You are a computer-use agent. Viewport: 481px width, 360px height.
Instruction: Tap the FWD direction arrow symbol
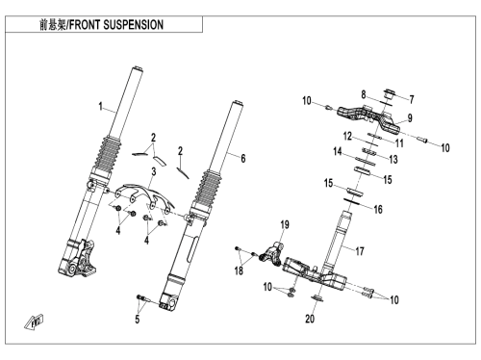(x=34, y=321)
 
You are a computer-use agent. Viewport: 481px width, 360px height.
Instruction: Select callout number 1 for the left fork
(x=100, y=107)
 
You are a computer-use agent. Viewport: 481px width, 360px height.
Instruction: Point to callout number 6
(x=243, y=158)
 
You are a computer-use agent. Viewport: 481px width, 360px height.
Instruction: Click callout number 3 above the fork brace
(x=154, y=171)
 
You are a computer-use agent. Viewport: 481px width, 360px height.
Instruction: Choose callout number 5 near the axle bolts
(x=138, y=319)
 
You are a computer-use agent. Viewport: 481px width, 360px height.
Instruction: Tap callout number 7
(x=412, y=99)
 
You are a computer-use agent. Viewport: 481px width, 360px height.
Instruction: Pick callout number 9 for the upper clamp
(x=410, y=118)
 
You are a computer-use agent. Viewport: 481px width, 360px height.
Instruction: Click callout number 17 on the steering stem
(x=360, y=251)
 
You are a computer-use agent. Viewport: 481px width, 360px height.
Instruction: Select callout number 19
(x=285, y=224)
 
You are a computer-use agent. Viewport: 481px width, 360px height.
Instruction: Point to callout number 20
(x=310, y=319)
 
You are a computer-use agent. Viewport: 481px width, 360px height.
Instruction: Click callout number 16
(x=378, y=209)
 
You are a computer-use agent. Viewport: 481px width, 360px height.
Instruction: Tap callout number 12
(x=347, y=136)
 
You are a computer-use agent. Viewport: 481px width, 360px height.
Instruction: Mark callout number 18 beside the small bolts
(x=239, y=270)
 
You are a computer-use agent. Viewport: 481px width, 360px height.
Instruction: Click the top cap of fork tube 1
(x=137, y=68)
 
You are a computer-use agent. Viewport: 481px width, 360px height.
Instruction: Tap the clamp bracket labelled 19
(x=271, y=254)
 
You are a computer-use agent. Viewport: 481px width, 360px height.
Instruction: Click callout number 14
(x=338, y=151)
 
